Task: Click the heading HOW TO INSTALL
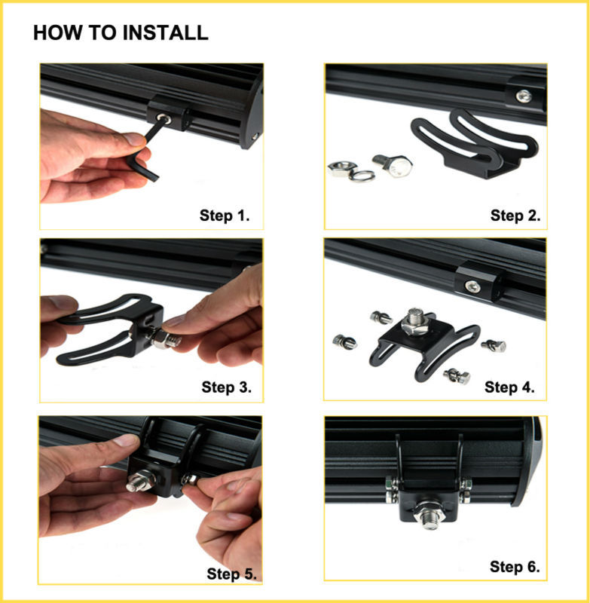[121, 32]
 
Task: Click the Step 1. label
[225, 216]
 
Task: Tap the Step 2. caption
[515, 216]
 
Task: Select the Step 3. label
[226, 387]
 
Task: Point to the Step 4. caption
[509, 387]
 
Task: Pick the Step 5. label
[232, 574]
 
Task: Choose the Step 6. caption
[515, 567]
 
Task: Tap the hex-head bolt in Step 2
[393, 165]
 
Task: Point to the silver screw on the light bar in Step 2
[523, 96]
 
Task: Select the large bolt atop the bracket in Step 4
[414, 320]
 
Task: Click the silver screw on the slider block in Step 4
[472, 286]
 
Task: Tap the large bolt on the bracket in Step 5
[141, 482]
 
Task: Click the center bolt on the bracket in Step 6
[430, 515]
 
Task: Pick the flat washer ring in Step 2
[362, 176]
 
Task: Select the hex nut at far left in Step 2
[341, 168]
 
